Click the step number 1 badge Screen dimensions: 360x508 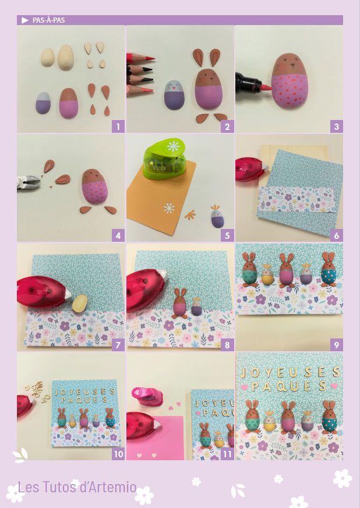point(118,126)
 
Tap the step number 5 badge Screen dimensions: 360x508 point(227,235)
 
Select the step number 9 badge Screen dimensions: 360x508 point(336,345)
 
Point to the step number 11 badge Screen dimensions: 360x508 point(227,454)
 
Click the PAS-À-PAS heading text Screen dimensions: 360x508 point(48,20)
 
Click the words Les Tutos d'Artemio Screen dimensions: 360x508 point(77,487)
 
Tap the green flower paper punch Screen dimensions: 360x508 point(165,158)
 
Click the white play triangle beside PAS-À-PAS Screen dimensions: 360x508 point(25,20)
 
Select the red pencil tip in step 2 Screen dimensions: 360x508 point(151,59)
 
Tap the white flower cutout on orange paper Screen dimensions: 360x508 point(169,208)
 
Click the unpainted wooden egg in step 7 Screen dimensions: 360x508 point(80,304)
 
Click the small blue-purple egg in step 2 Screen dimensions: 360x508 point(174,94)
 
